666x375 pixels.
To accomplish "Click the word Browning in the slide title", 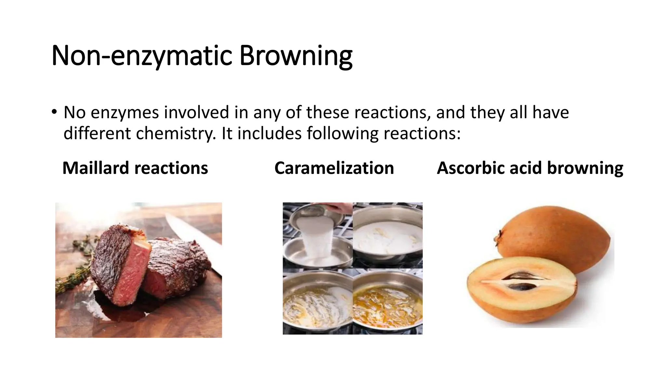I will (296, 56).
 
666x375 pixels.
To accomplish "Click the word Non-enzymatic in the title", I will (141, 56).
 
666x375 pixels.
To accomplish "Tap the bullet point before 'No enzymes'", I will (54, 112).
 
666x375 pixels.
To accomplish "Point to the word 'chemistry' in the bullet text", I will (176, 133).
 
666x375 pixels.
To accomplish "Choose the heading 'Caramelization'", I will (334, 168).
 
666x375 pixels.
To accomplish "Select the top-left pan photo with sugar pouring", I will (317, 235).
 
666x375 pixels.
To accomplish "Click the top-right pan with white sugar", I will (388, 235).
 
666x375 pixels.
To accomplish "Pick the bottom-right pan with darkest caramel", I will (388, 302).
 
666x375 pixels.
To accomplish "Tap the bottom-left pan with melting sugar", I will (317, 302).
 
